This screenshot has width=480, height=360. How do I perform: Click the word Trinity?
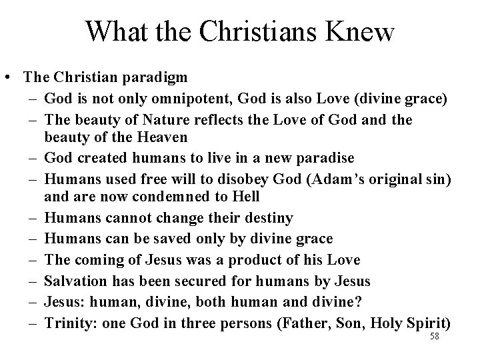[x=65, y=323]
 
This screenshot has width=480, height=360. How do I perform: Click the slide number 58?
[x=435, y=337]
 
